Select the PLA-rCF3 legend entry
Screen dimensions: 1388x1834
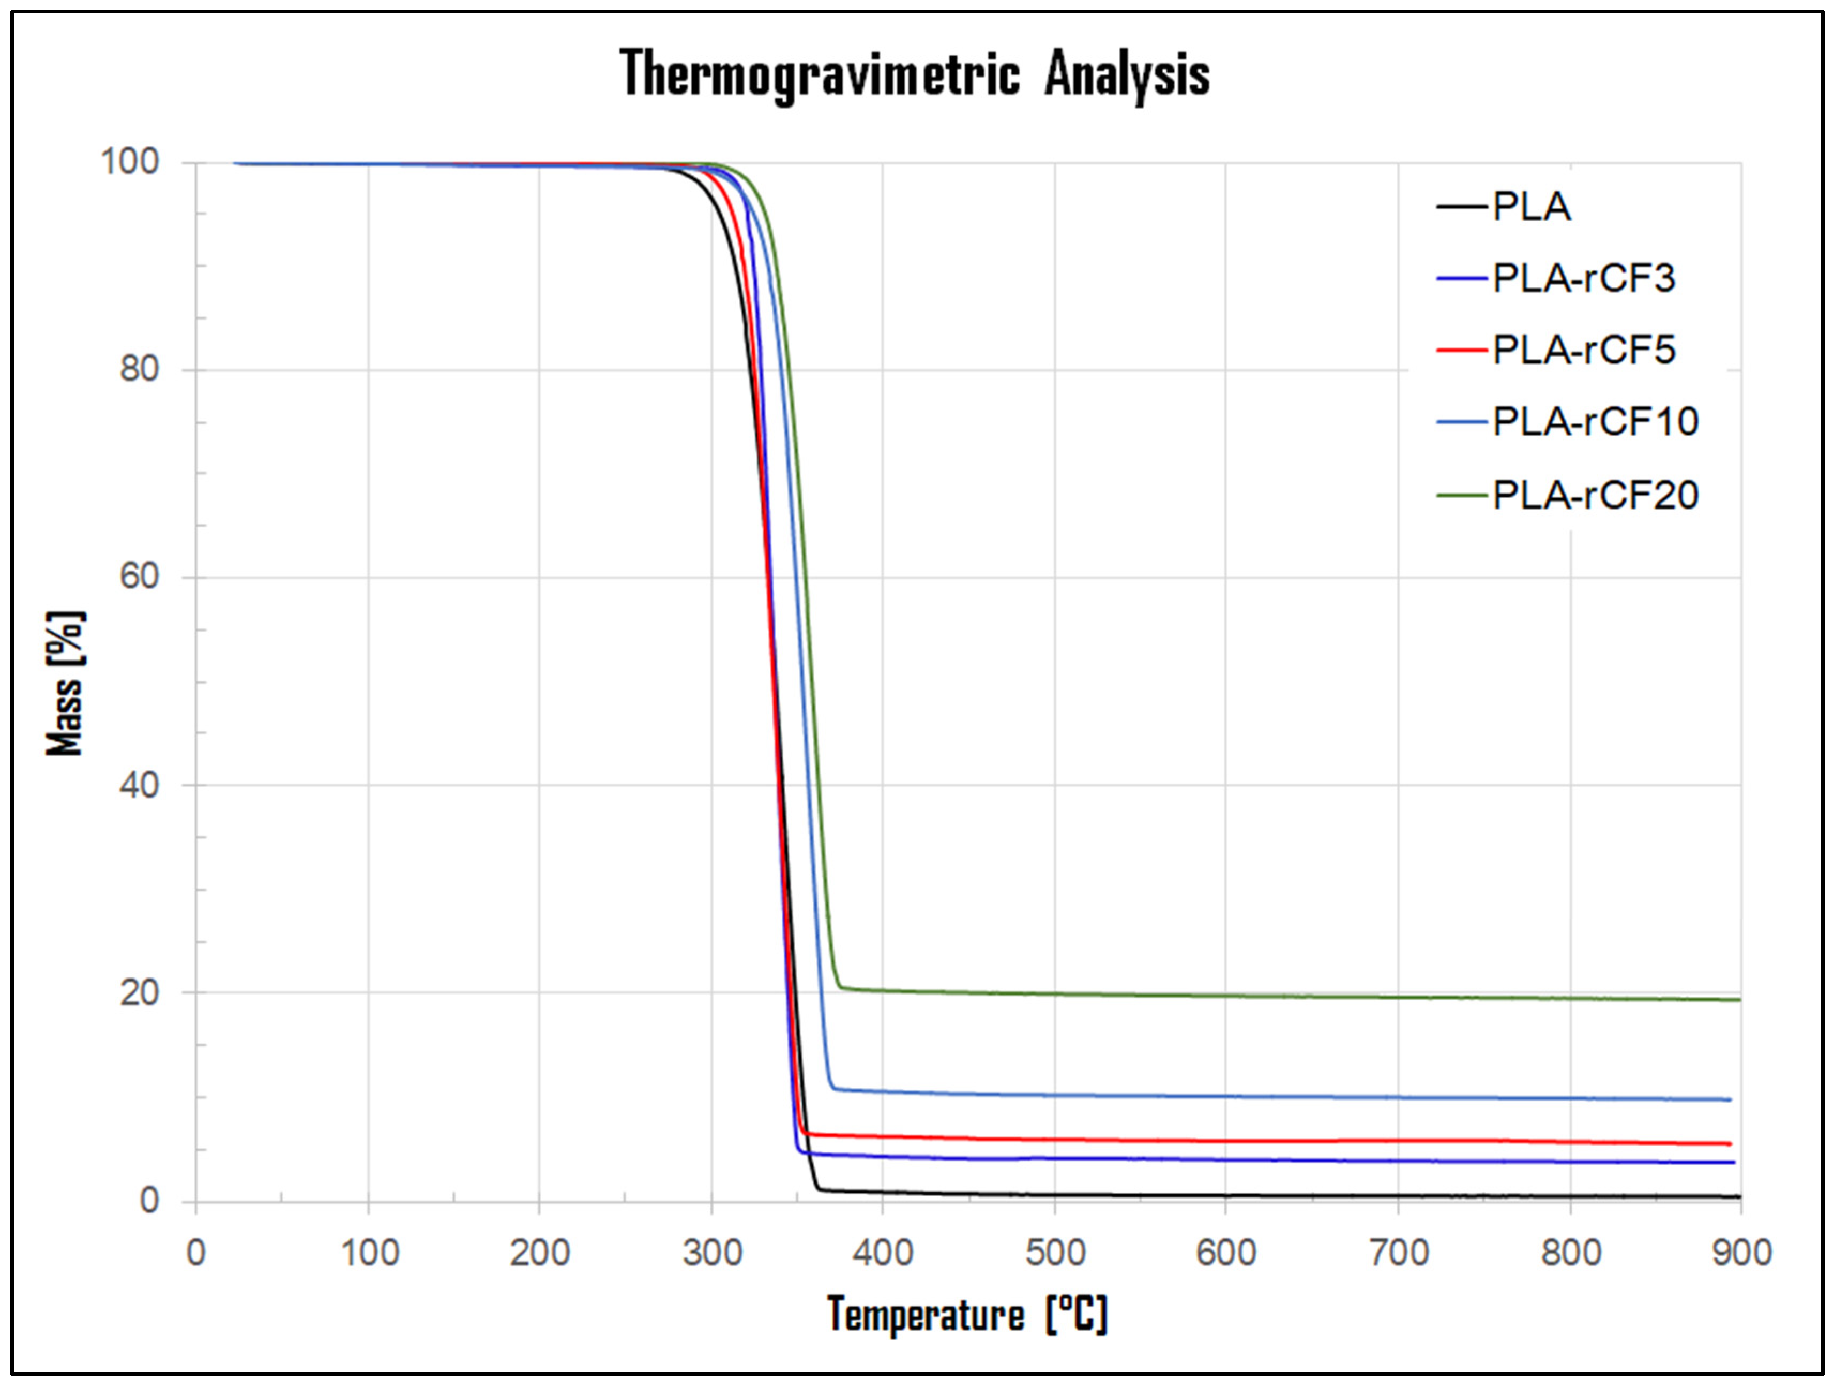(1583, 278)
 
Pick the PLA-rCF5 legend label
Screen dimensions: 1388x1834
(1583, 350)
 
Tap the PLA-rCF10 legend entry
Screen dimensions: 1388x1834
(1594, 422)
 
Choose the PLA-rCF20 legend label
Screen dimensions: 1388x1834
(1594, 495)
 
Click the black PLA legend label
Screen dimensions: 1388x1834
(1530, 207)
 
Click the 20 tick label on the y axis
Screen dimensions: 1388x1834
(139, 992)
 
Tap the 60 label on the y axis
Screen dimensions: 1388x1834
(139, 577)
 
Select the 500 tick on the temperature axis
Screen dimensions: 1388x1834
(1055, 1252)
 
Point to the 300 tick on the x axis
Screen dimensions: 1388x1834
(711, 1252)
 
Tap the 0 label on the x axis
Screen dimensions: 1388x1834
(196, 1252)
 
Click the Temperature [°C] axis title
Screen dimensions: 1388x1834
(967, 1315)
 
